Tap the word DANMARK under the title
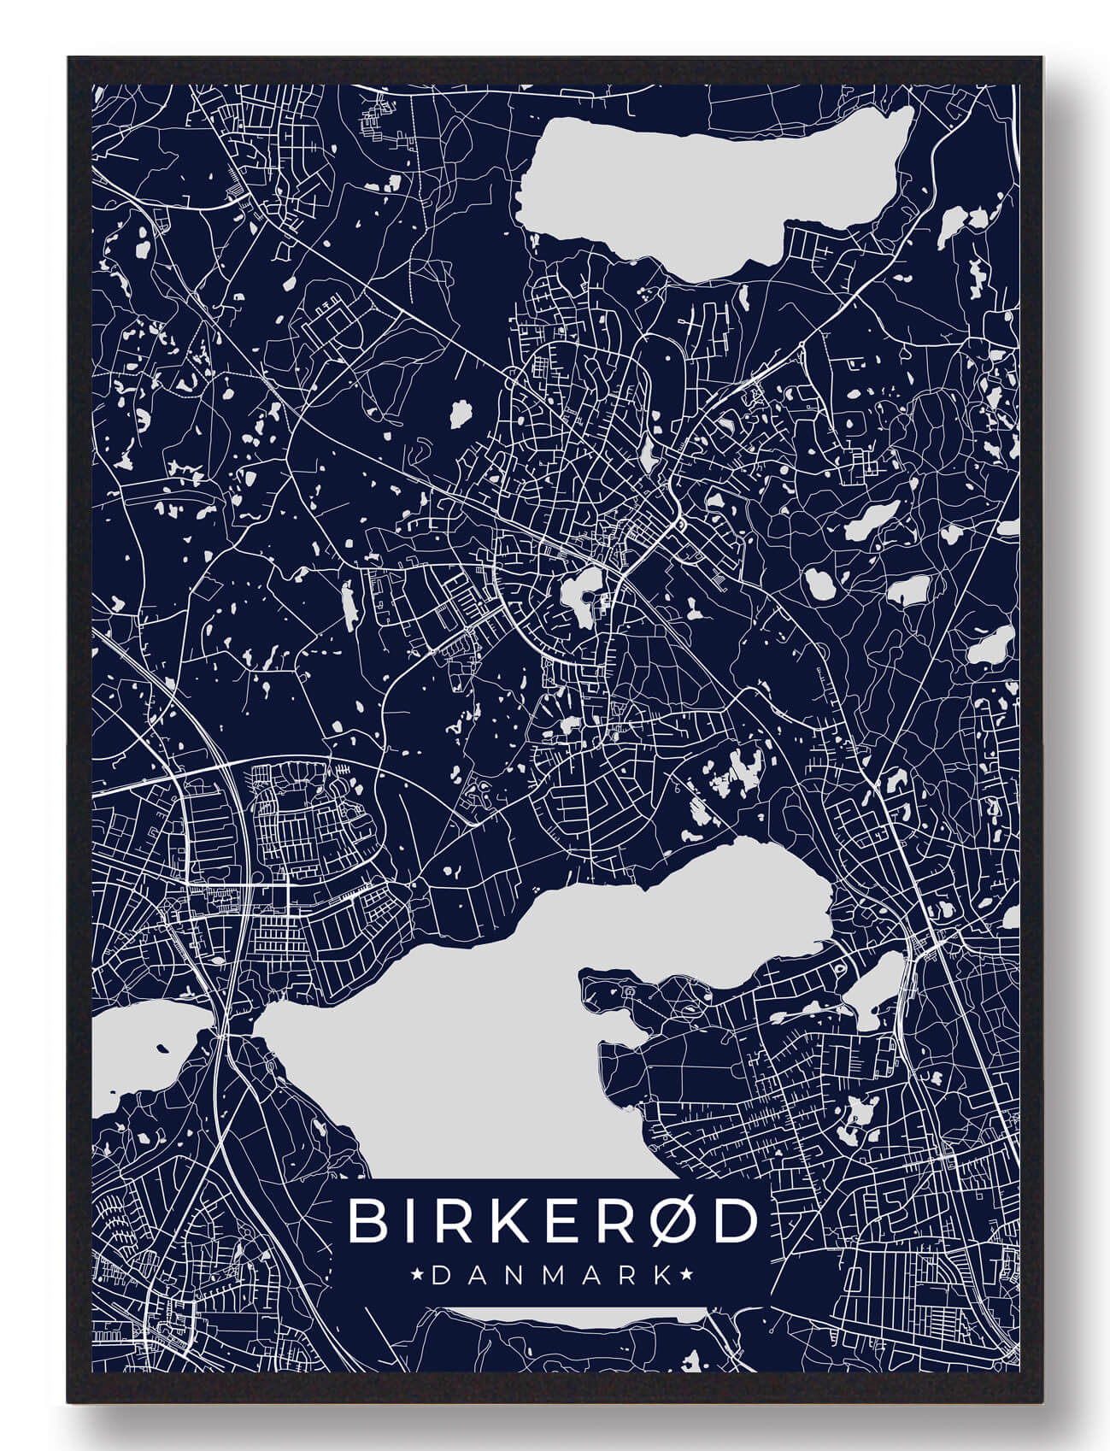552,1276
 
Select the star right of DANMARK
684,1276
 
